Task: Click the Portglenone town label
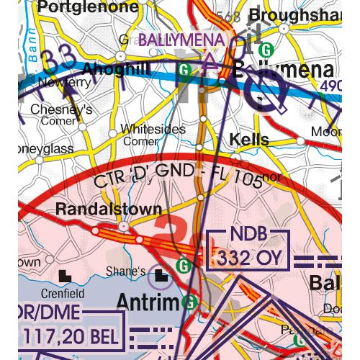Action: [x=88, y=8]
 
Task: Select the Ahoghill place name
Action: [x=117, y=69]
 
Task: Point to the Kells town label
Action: [x=249, y=139]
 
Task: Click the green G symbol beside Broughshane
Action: [x=266, y=50]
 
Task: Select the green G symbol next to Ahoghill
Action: [x=186, y=70]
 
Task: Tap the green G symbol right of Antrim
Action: [x=189, y=302]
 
